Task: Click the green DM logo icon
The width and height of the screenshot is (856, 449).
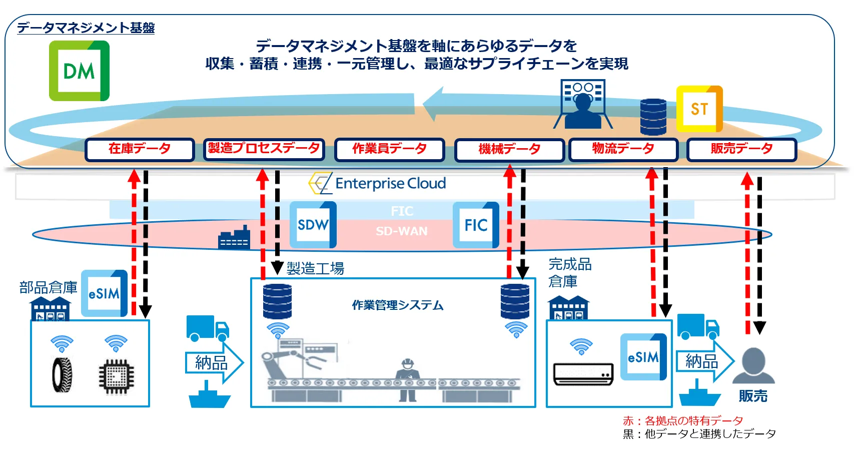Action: tap(79, 71)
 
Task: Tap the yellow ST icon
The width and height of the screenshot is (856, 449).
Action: tap(699, 109)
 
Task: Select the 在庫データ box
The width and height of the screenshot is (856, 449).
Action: tap(140, 149)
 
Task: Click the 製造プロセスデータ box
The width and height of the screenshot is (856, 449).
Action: tap(264, 149)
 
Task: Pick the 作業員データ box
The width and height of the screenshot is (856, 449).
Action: tap(389, 149)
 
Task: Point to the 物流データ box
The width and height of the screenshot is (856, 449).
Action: tap(623, 149)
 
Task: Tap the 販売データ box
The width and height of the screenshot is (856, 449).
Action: tap(742, 149)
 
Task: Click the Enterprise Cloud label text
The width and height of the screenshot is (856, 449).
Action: tap(390, 184)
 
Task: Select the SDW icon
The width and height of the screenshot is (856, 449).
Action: tap(313, 225)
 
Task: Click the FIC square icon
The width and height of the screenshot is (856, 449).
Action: tap(476, 225)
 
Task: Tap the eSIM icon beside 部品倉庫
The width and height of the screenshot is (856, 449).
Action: tap(104, 293)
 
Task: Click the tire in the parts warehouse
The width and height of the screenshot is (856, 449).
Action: tap(62, 374)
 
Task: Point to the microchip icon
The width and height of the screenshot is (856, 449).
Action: tap(116, 376)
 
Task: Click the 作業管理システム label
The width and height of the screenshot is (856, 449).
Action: tap(398, 305)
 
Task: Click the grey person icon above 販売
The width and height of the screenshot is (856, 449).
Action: tap(753, 365)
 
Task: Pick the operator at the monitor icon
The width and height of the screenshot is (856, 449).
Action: tap(582, 105)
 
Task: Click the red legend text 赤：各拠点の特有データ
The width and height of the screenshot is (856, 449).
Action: tap(683, 420)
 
